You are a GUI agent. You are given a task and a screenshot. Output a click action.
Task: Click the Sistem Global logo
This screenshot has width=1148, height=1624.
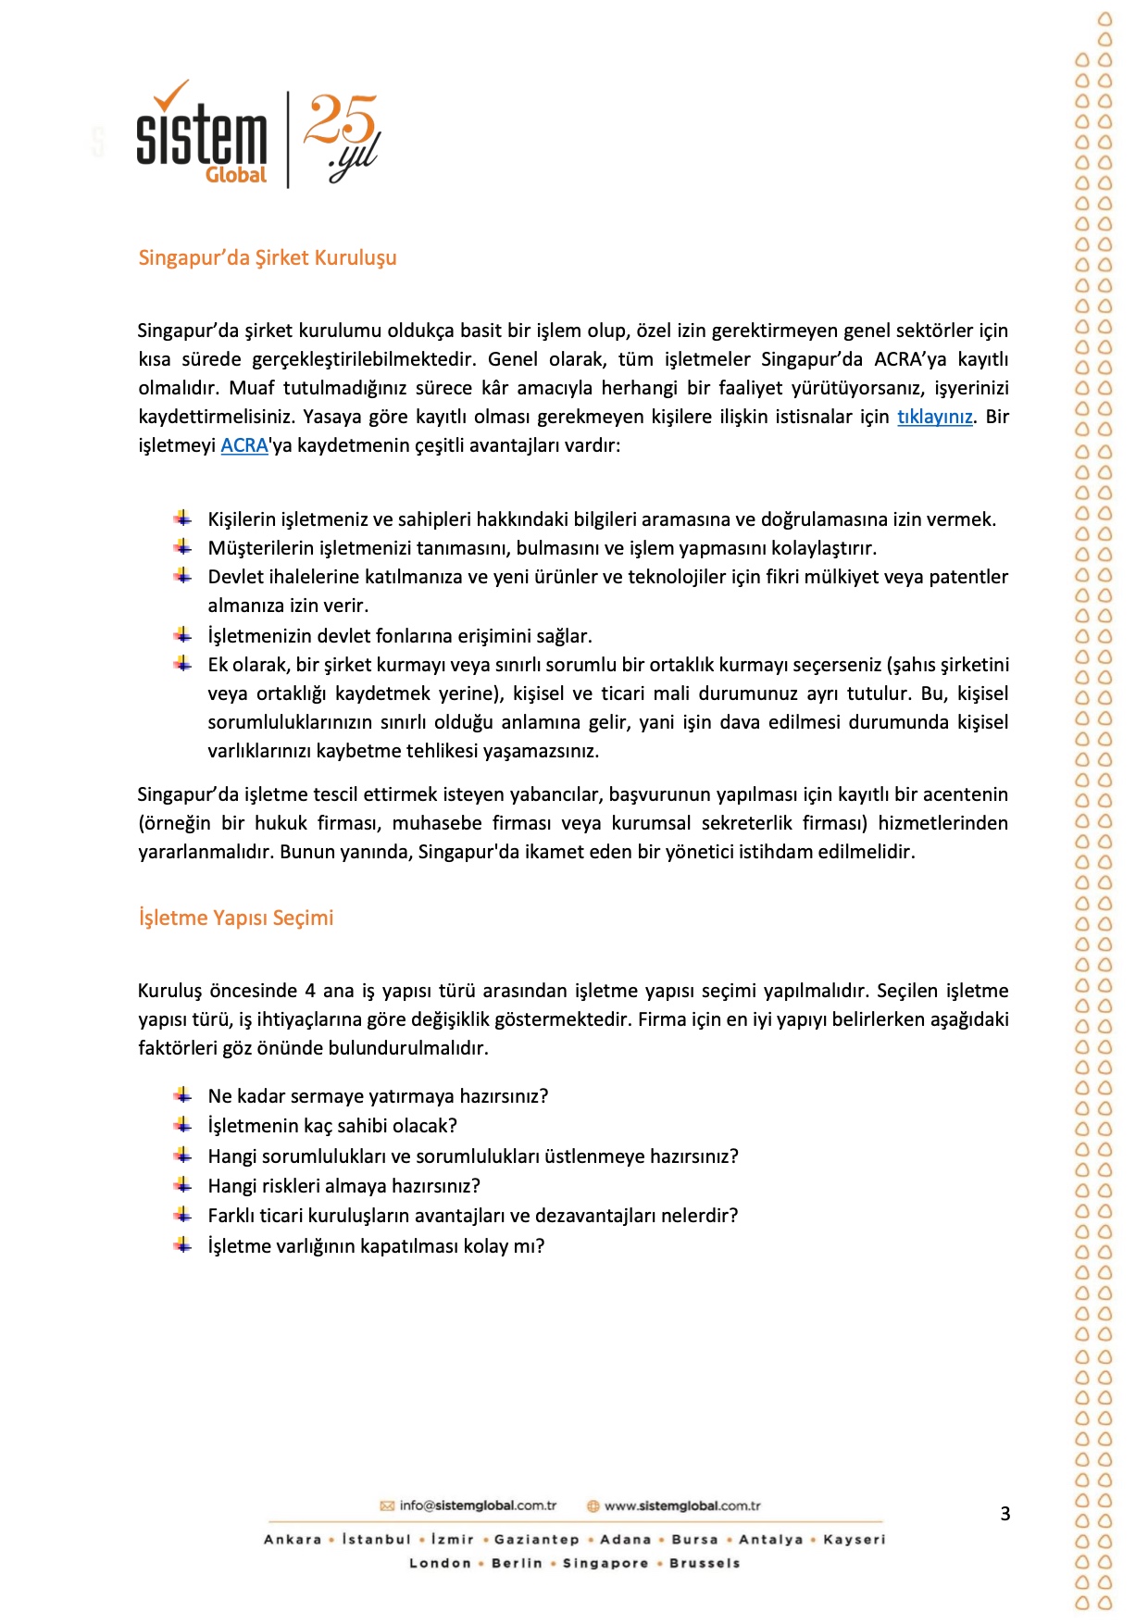click(x=202, y=136)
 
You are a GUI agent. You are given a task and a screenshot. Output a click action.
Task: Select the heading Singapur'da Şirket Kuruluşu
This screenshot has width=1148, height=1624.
click(x=268, y=257)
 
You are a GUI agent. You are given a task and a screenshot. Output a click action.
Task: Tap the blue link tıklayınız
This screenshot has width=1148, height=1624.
click(x=934, y=417)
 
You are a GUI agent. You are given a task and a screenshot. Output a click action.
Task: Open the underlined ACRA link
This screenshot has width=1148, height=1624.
click(x=244, y=445)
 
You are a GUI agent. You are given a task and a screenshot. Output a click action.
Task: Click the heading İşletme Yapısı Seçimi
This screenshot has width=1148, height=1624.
click(x=236, y=918)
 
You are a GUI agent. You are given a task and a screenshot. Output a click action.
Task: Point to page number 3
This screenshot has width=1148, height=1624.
click(x=1005, y=1514)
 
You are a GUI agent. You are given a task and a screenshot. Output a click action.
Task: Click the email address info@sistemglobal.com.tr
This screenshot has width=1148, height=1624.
click(x=478, y=1505)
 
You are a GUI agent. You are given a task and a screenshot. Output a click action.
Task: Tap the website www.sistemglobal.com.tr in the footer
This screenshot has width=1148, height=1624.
click(x=682, y=1505)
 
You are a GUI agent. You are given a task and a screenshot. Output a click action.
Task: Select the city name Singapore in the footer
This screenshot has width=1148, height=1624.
click(x=605, y=1563)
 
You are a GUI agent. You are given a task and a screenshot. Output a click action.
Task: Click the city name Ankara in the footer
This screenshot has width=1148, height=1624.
click(x=293, y=1539)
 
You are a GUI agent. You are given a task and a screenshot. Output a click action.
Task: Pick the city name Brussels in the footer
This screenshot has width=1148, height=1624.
click(x=705, y=1563)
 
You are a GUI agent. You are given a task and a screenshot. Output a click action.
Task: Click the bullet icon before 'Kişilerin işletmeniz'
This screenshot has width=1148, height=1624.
click(x=183, y=518)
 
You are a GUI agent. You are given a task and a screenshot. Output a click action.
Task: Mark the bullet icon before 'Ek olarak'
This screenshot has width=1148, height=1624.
click(x=183, y=664)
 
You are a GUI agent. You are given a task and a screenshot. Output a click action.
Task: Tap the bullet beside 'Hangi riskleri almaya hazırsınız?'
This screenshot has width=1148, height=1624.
click(x=183, y=1185)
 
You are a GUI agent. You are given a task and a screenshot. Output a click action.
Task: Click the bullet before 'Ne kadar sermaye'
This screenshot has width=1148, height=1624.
click(x=183, y=1095)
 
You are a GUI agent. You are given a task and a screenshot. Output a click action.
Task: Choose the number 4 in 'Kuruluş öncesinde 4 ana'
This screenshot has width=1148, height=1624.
click(x=310, y=991)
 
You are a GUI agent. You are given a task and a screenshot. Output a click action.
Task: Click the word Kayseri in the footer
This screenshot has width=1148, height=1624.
click(x=854, y=1539)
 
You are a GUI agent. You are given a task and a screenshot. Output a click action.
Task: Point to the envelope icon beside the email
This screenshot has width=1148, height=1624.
click(x=388, y=1505)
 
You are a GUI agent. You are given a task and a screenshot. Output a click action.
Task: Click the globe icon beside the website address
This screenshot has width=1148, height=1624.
click(x=593, y=1505)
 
